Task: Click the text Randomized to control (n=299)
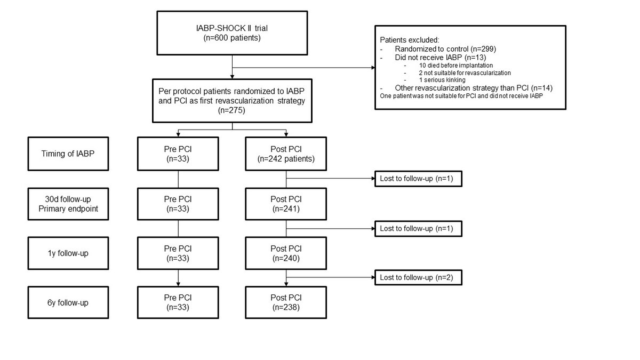[x=445, y=49]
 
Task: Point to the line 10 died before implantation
[x=455, y=66]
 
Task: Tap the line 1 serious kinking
[x=442, y=80]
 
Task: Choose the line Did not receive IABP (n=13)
[x=441, y=58]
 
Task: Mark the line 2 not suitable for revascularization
[x=465, y=73]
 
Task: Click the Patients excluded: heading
[x=410, y=40]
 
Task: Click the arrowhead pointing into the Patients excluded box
[x=373, y=68]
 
